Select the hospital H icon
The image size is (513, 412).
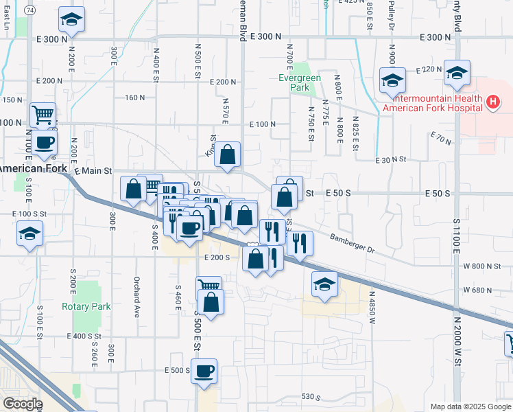coord(492,103)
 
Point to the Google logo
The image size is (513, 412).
coord(23,404)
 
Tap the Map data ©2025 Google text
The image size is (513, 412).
coord(469,407)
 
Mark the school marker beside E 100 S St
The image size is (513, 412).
coord(29,234)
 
